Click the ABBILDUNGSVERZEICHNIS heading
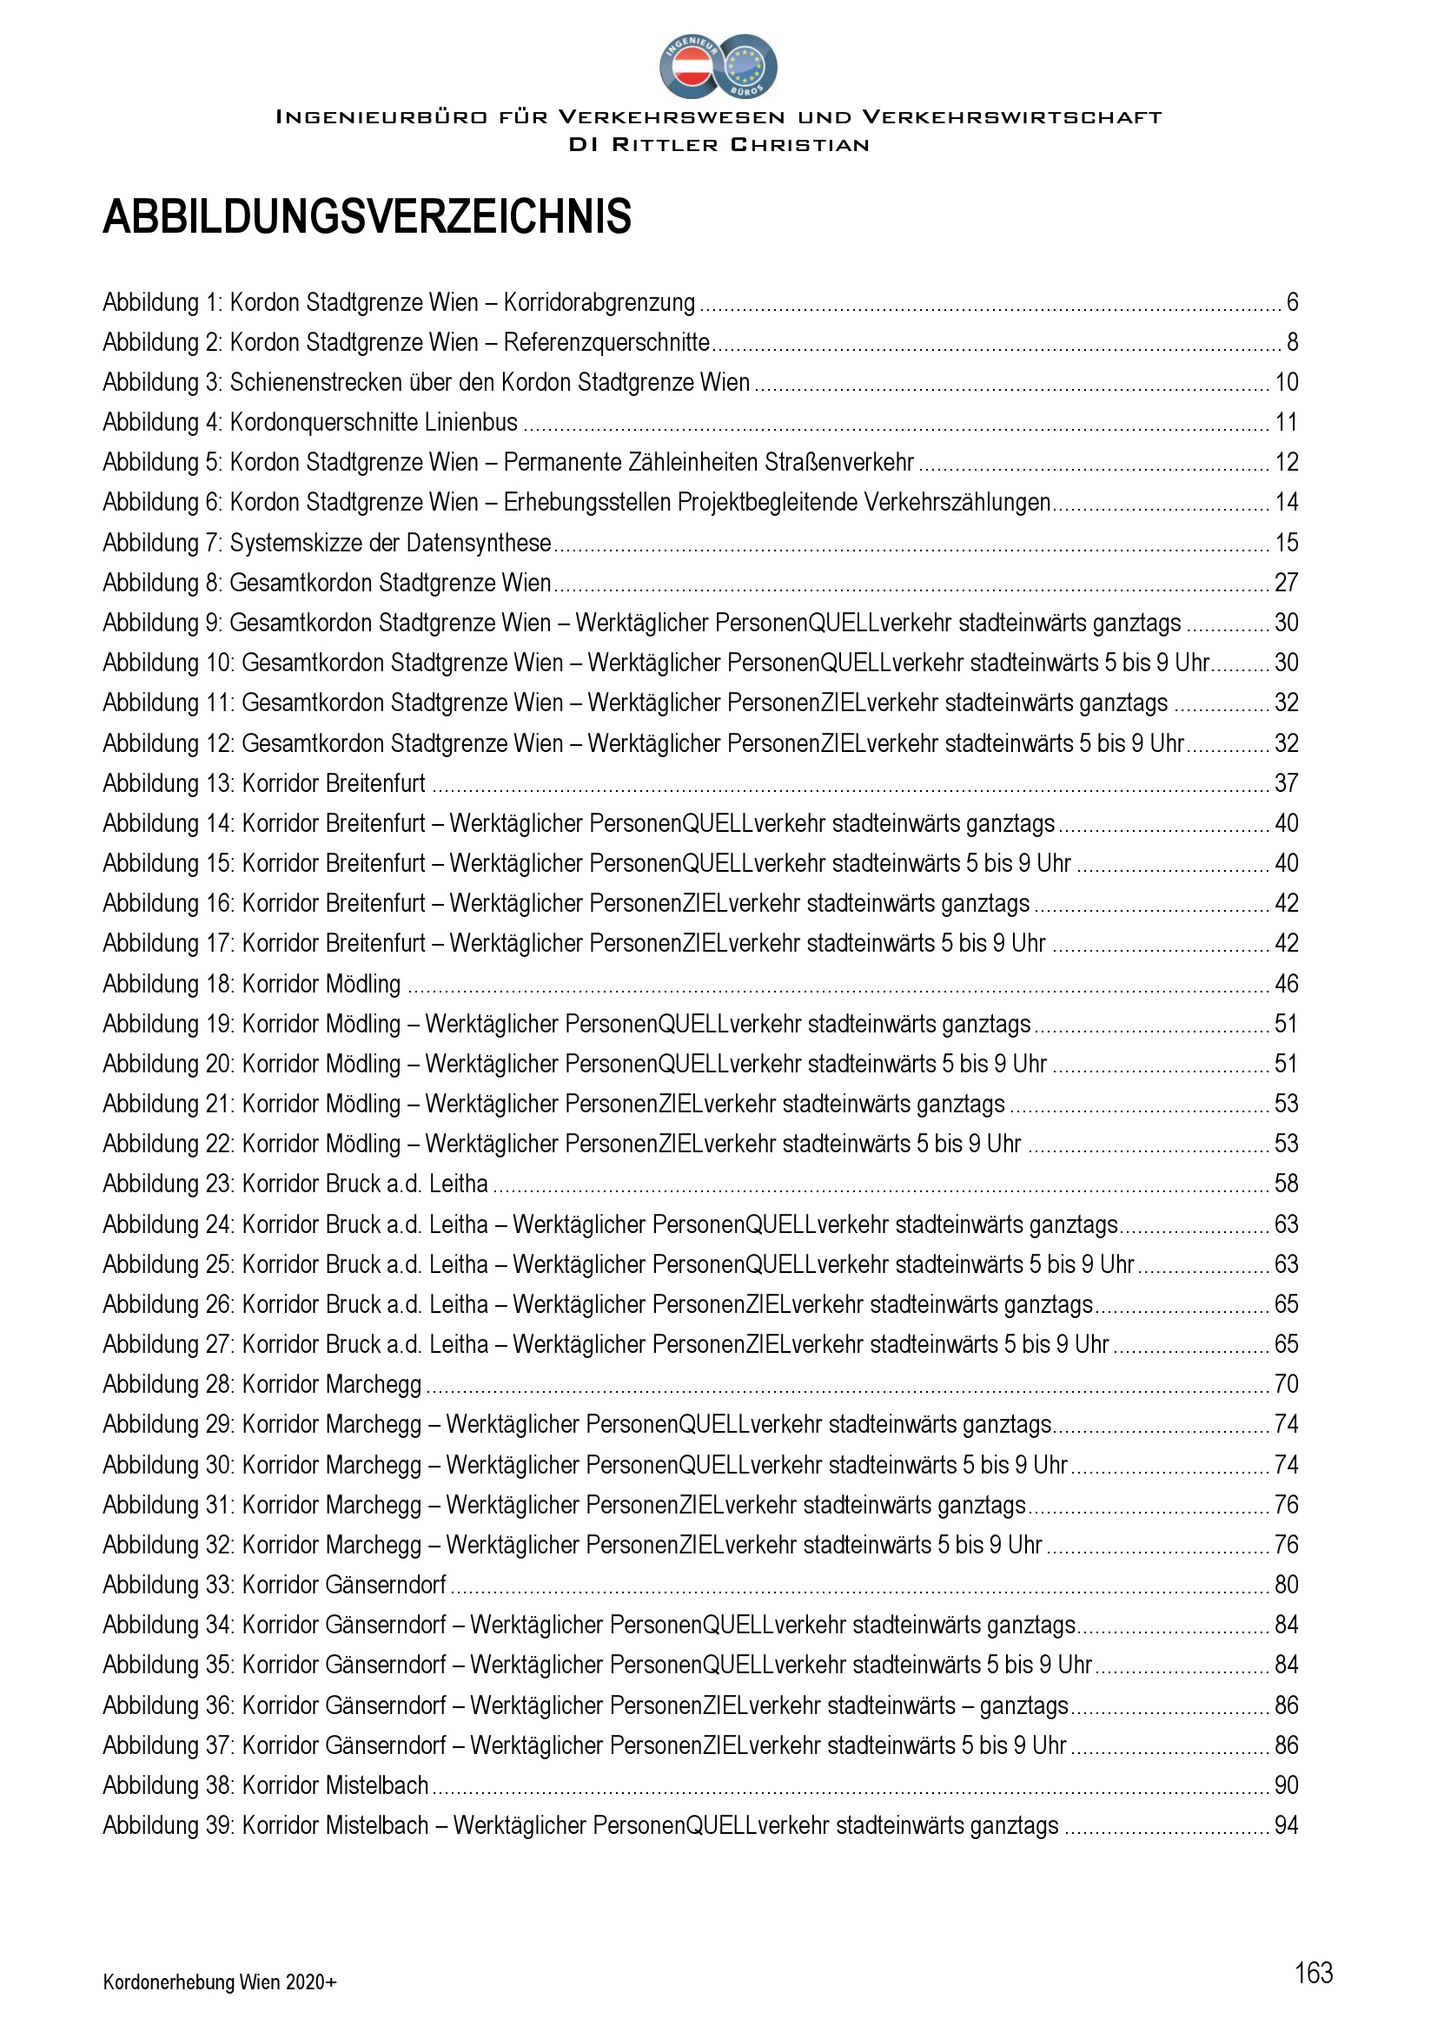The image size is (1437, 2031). pos(367,217)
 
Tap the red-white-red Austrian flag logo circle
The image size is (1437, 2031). pos(690,67)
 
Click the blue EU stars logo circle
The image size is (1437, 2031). pos(748,67)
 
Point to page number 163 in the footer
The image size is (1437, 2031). pos(1313,1973)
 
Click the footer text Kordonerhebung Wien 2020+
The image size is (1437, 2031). pos(220,1982)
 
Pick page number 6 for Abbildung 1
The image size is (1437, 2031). pos(1292,302)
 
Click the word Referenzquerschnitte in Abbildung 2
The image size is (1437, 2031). pos(606,342)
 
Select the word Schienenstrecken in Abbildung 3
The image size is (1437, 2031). pos(315,382)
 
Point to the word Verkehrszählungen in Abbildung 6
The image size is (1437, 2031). pos(957,503)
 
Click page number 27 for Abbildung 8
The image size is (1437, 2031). pos(1286,583)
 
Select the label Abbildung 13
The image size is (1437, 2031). pos(169,784)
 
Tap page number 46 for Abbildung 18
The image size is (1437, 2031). pos(1286,984)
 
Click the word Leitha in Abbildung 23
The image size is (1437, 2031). pos(459,1184)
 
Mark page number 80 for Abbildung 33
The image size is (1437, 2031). pos(1286,1586)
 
